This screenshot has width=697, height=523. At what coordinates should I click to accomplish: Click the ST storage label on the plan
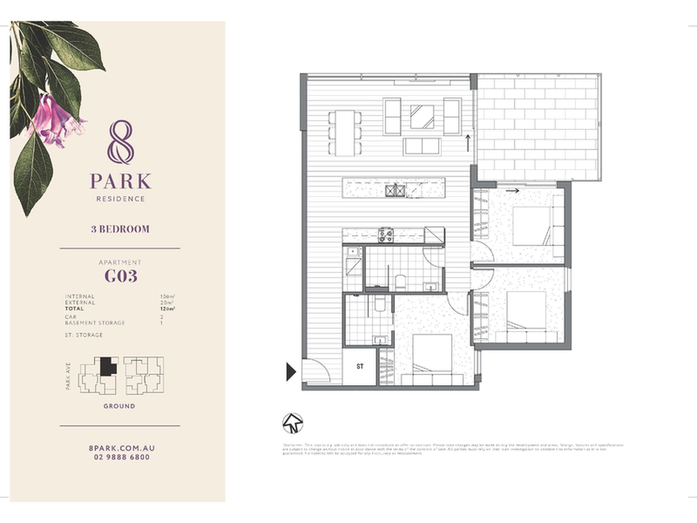(x=360, y=366)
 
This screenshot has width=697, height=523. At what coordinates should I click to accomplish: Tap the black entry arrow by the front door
(x=291, y=372)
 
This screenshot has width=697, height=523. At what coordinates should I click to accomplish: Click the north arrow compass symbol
(x=292, y=423)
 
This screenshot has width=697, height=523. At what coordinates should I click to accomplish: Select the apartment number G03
(x=121, y=276)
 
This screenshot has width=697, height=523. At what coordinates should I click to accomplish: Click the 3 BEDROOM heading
(x=120, y=229)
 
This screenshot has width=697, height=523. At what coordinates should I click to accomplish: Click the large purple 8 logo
(x=121, y=142)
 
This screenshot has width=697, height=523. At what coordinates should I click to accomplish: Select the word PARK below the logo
(x=121, y=181)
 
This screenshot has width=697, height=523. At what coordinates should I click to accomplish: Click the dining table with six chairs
(x=345, y=133)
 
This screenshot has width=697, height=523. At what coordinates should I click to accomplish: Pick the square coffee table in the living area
(x=422, y=117)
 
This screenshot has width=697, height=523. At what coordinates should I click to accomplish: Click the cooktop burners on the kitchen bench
(x=386, y=235)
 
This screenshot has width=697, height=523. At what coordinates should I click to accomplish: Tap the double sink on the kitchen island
(x=395, y=191)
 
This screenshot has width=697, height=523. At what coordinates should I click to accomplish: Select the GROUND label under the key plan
(x=119, y=406)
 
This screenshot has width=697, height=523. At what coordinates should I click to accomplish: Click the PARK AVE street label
(x=68, y=376)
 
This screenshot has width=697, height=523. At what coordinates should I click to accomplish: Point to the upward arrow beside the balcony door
(x=468, y=143)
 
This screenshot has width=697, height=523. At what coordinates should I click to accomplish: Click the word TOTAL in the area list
(x=74, y=309)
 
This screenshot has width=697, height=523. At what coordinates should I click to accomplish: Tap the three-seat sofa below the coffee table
(x=422, y=146)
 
